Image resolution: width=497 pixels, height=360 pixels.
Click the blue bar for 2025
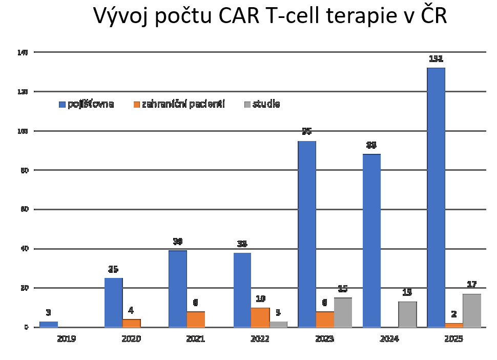[436, 197]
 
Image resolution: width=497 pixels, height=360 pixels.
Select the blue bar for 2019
[49, 324]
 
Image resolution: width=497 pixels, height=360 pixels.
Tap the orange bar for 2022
[260, 317]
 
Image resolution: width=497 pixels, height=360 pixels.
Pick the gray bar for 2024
[407, 314]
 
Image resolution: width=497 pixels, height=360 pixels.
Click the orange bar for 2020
[131, 323]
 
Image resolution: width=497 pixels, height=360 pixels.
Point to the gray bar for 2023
[343, 312]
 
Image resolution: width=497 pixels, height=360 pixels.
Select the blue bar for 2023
[307, 234]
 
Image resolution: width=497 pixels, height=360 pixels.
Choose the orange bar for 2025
[454, 325]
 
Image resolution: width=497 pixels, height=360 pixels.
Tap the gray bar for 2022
[278, 324]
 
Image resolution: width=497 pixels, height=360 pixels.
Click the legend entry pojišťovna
[90, 104]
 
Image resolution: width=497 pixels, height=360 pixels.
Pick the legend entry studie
[266, 104]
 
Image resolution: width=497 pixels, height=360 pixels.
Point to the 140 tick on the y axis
[23, 52]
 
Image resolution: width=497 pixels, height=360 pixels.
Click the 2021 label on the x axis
[195, 339]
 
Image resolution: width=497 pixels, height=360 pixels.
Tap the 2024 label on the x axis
[389, 339]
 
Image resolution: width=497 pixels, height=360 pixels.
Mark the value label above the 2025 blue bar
[436, 59]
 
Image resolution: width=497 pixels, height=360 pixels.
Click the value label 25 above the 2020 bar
[113, 269]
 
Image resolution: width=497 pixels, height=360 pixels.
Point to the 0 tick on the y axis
[25, 327]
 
